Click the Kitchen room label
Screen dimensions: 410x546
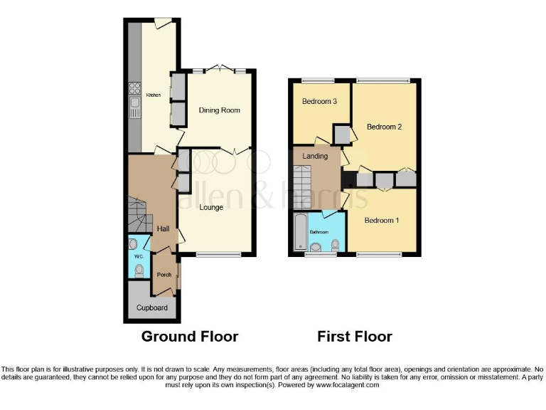153,95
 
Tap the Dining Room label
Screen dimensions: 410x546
219,110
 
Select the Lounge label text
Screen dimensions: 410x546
211,208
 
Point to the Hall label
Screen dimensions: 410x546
163,228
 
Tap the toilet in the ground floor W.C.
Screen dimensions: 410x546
139,270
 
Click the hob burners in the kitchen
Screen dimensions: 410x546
134,89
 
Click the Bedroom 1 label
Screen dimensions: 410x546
381,221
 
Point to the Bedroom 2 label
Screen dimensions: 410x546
384,127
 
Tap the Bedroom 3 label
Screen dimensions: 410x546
319,102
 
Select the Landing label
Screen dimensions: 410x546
315,156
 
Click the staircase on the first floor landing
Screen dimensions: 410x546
303,186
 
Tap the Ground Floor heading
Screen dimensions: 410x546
189,336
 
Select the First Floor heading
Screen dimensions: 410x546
354,336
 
